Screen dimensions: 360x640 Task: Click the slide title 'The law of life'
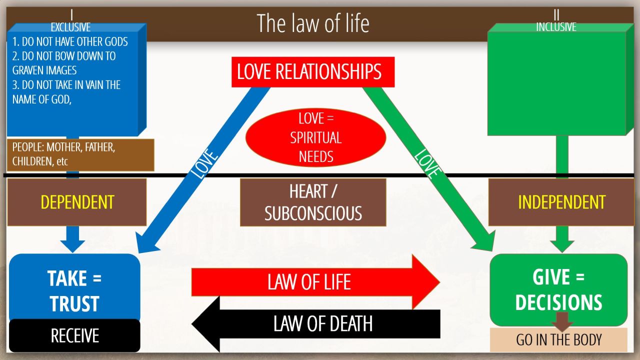313,23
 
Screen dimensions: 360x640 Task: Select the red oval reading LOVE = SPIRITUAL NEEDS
316,137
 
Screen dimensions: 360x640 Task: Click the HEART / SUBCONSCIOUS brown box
313,202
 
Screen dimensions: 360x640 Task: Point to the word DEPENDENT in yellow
77,202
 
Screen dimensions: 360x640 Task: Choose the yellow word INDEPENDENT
561,202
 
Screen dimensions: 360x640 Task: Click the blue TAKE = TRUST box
74,288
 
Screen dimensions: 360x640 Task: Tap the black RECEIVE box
74,335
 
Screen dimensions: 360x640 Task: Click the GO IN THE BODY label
558,340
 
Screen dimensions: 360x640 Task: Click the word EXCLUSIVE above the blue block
70,28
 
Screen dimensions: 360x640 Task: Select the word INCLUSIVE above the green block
556,27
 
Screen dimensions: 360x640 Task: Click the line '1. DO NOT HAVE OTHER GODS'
70,41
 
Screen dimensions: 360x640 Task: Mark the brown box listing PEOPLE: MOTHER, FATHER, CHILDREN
80,155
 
